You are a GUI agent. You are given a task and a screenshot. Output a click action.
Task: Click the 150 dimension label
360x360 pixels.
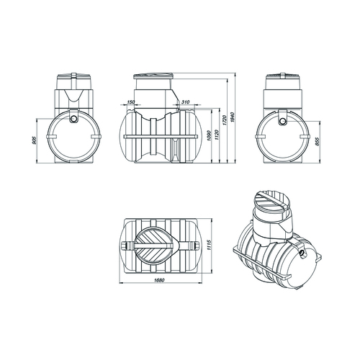click(x=130, y=102)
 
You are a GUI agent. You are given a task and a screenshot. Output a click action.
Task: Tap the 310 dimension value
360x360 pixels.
click(x=186, y=102)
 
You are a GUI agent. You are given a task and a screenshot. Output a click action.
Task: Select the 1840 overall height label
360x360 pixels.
click(x=232, y=117)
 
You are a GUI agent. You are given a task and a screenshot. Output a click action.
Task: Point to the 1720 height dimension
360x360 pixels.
click(x=225, y=120)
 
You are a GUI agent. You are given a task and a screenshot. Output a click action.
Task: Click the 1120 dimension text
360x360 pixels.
click(x=216, y=135)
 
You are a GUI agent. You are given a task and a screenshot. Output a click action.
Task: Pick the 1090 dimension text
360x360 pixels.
click(x=209, y=136)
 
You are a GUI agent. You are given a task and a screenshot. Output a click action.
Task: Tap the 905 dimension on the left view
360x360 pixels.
click(x=34, y=140)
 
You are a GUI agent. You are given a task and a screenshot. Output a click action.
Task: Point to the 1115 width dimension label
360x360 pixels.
click(x=209, y=245)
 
